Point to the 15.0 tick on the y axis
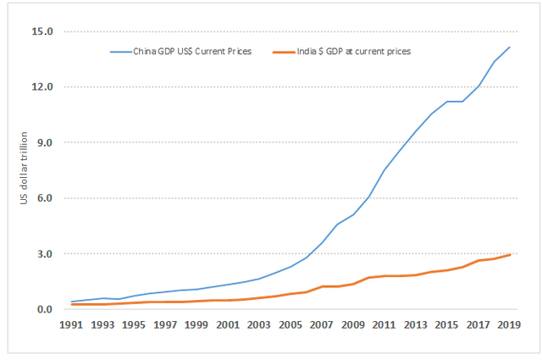click(42, 32)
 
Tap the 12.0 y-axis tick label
click(42, 87)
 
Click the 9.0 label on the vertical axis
click(44, 143)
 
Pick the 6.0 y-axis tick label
click(44, 198)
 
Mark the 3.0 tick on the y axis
click(44, 254)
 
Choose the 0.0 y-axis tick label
click(44, 309)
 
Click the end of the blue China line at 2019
click(510, 47)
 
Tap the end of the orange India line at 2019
click(510, 254)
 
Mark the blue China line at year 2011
click(385, 169)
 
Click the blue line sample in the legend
click(120, 51)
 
